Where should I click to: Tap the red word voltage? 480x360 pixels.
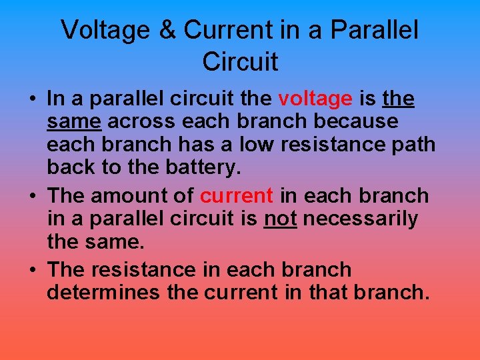click(x=315, y=99)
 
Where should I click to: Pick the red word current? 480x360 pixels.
click(x=237, y=196)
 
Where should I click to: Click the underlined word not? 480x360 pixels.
click(x=281, y=219)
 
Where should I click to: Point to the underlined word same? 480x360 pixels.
click(x=74, y=122)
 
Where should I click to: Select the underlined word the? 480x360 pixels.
click(x=399, y=99)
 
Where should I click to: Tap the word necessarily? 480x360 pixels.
click(x=362, y=219)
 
